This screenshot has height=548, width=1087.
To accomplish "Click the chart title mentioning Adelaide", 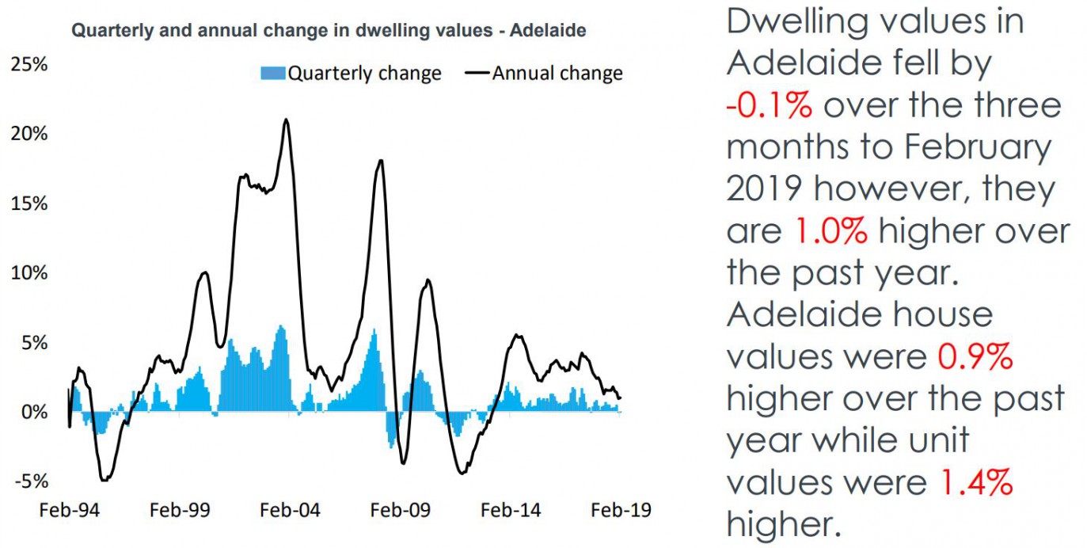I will [329, 32].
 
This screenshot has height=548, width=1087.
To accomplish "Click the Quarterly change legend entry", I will [352, 74].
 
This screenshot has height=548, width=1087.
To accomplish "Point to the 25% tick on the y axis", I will [29, 64].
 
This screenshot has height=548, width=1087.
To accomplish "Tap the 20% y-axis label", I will [29, 134].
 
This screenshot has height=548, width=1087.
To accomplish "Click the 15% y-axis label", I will [29, 204].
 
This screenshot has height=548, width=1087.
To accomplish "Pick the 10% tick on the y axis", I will [29, 273].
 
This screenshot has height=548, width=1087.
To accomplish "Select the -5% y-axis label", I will [29, 481].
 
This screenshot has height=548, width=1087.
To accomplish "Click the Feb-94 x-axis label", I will [70, 510].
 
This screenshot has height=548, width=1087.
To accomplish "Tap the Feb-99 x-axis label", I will [180, 510].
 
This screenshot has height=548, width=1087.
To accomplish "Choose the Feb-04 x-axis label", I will [290, 510].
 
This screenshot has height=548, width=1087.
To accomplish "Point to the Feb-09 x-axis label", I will [401, 510].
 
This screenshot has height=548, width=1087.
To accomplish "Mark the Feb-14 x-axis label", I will [511, 510].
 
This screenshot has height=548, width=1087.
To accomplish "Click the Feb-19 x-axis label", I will [621, 510].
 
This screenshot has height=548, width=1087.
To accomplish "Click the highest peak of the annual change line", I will [286, 120].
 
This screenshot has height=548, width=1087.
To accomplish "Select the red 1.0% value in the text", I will [829, 230].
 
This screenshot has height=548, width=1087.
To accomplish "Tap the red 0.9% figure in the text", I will [975, 356].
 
